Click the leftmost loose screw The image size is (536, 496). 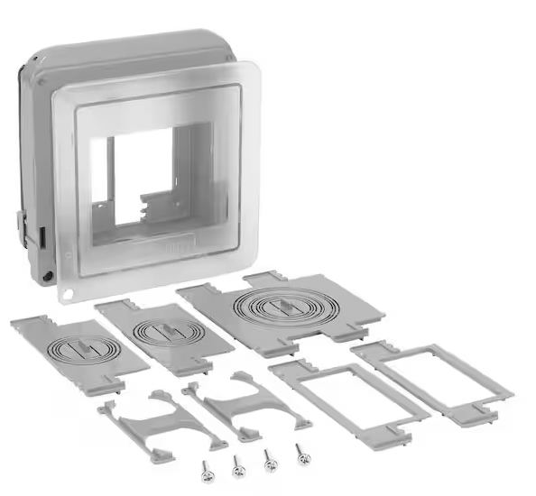pyautogui.click(x=207, y=469)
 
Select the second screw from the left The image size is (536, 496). pyautogui.click(x=237, y=465)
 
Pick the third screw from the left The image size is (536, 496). pyautogui.click(x=270, y=460)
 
